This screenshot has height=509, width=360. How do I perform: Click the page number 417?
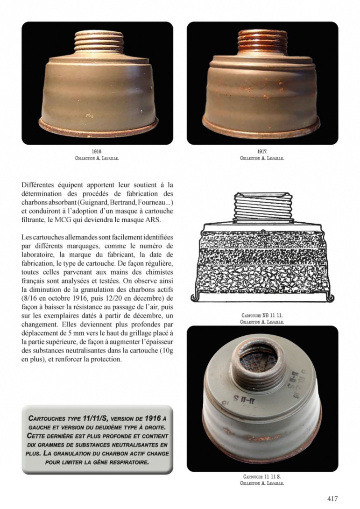332,498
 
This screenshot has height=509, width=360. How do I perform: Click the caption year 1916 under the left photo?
97,152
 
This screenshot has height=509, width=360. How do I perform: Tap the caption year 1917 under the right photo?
262,152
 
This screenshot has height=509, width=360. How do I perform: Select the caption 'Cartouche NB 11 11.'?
262,316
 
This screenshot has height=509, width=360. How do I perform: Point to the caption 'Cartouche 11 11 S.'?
262,477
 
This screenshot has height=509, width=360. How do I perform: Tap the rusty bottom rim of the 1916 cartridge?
97,127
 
